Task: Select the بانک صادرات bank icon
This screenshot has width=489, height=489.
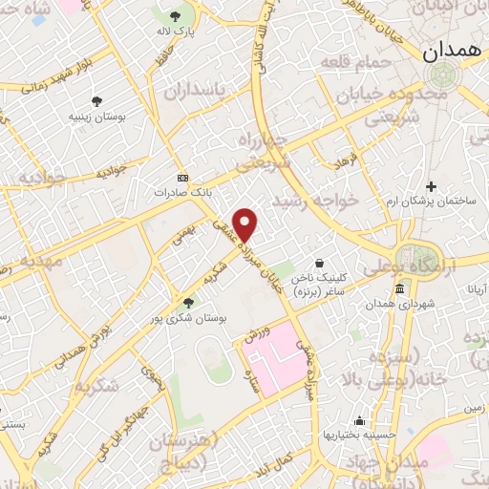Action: pos(183,178)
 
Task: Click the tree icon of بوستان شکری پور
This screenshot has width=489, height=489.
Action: pos(188,303)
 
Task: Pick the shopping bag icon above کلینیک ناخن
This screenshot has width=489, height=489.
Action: pos(318,263)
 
